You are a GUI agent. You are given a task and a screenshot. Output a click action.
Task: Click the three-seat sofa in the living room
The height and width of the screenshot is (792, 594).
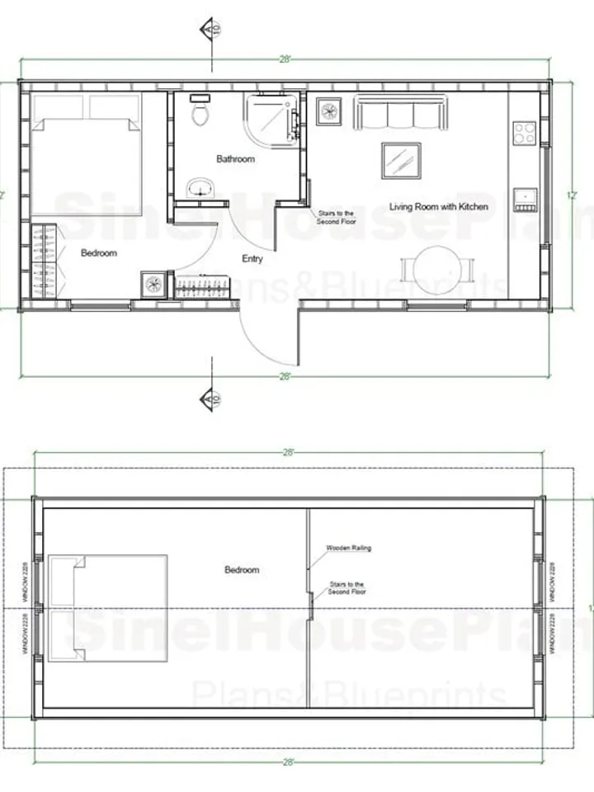click(x=400, y=112)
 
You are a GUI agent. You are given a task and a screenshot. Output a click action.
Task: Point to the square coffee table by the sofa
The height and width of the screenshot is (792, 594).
click(x=401, y=160)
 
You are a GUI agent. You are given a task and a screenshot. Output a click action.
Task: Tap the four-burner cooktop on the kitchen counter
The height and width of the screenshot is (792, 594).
click(x=525, y=132)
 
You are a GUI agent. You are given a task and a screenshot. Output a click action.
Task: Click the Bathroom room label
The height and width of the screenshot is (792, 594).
click(x=236, y=158)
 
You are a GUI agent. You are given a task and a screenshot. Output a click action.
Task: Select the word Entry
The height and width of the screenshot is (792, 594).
click(x=252, y=259)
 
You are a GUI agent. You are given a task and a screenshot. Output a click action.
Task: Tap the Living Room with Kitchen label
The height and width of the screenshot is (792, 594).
click(x=439, y=206)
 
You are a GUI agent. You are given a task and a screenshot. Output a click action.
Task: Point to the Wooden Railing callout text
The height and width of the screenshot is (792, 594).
click(x=348, y=548)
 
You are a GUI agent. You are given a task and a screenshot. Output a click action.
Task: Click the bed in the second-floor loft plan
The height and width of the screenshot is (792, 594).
click(x=108, y=608)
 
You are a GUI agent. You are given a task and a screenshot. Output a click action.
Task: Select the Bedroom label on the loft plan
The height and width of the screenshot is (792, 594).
click(x=242, y=570)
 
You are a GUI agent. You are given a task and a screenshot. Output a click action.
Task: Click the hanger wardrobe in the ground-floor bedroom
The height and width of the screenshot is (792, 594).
click(x=46, y=260)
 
